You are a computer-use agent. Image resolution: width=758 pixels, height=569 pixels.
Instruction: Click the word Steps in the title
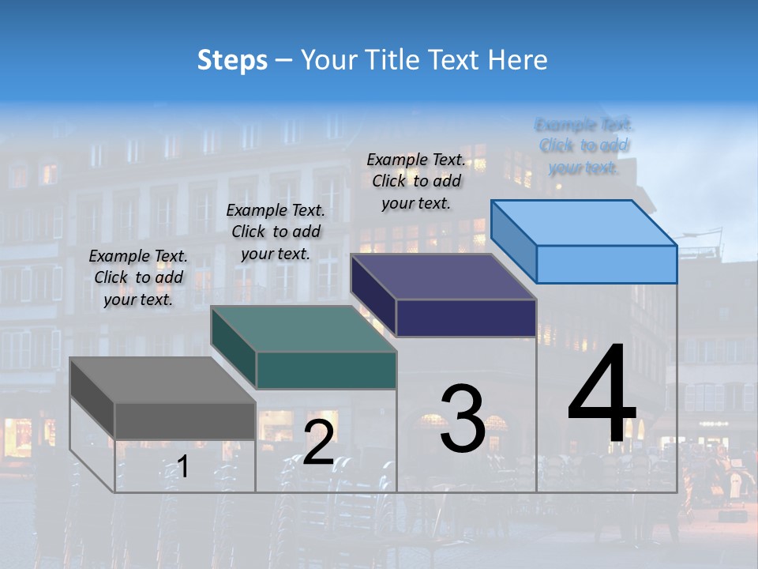(x=231, y=60)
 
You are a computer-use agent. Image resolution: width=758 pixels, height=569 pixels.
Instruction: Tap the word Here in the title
(x=518, y=60)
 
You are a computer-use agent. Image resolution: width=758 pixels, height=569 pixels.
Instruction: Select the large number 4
(x=602, y=395)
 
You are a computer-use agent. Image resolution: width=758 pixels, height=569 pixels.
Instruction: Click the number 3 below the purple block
(x=462, y=418)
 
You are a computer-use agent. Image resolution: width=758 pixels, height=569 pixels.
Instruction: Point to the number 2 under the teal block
(x=318, y=443)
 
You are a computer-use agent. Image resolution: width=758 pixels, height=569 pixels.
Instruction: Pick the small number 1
(x=182, y=466)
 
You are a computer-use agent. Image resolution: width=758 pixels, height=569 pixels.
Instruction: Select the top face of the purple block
(x=443, y=277)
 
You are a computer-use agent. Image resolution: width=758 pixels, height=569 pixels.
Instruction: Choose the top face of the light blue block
(x=584, y=222)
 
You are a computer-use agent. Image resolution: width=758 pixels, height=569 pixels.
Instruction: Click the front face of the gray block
(x=185, y=420)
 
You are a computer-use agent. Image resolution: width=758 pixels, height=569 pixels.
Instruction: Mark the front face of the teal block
(x=325, y=370)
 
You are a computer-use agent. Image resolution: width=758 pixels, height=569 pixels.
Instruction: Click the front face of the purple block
(x=466, y=318)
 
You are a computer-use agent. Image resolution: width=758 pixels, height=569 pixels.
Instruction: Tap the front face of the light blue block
(x=606, y=264)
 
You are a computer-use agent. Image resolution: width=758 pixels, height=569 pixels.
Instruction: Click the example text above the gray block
(x=138, y=277)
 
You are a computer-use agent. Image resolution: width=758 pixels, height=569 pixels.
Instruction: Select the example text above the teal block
(x=276, y=232)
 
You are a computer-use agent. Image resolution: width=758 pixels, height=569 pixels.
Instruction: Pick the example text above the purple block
(x=416, y=181)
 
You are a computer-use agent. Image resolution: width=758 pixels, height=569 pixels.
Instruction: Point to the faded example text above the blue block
(x=584, y=145)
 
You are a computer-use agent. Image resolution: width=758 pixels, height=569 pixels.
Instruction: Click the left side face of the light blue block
(x=513, y=241)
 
